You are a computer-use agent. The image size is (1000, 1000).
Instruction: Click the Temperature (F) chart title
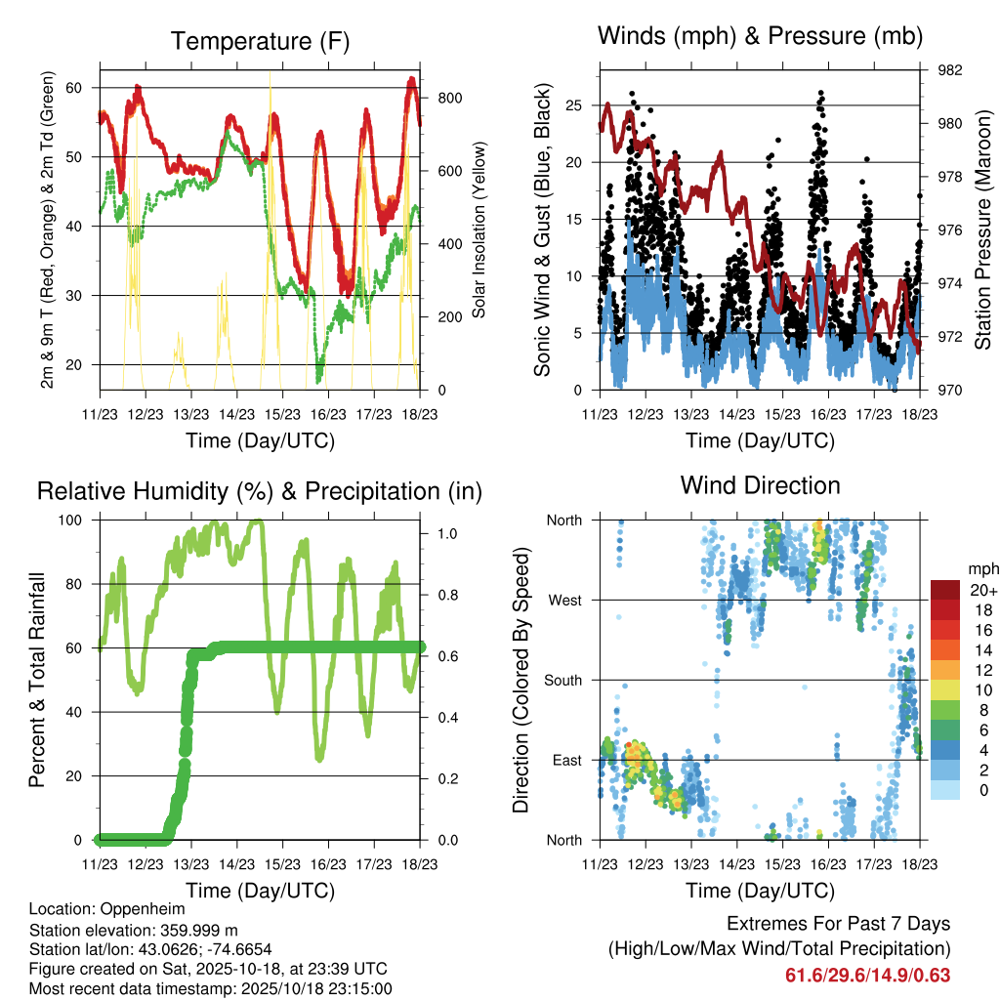pos(260,41)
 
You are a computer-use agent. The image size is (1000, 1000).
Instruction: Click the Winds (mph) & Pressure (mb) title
pos(760,36)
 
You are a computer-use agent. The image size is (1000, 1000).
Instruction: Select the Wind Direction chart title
pos(760,484)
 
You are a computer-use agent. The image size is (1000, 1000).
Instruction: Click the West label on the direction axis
pos(563,600)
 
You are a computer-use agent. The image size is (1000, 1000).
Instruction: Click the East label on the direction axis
pos(564,760)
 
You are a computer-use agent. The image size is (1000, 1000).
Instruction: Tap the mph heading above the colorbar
pos(980,568)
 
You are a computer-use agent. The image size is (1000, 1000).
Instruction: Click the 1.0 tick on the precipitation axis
pos(447,534)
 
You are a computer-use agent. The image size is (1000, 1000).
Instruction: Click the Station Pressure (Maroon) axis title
pos(982,230)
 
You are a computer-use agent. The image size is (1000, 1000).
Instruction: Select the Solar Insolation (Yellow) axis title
pos(479,230)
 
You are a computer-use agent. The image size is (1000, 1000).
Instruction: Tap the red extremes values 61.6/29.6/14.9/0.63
pos(867,975)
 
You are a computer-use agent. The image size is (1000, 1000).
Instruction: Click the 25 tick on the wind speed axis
pos(574,104)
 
